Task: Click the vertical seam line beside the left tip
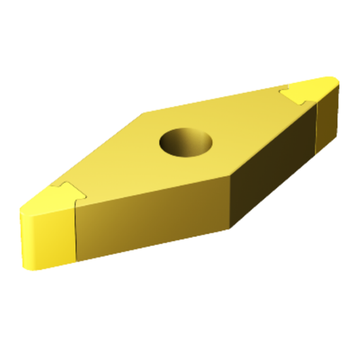[77, 233]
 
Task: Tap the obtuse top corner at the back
[143, 113]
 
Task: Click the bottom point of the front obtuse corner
[231, 228]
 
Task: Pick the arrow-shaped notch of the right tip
[295, 94]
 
